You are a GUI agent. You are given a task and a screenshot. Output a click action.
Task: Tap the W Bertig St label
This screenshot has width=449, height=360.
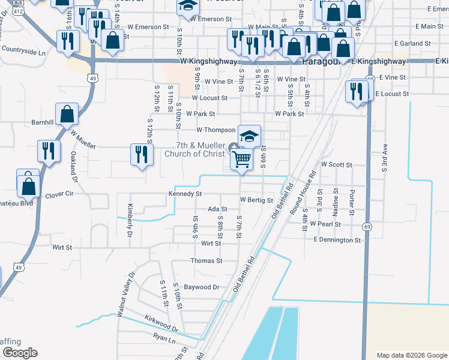256,200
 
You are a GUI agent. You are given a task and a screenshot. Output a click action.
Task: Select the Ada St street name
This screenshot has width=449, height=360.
217,209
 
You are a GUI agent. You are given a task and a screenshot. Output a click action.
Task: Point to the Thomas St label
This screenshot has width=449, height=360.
206,261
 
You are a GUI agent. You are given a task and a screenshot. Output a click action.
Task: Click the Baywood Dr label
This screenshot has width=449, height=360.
202,287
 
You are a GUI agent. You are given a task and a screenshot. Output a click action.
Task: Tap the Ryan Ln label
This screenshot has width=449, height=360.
163,338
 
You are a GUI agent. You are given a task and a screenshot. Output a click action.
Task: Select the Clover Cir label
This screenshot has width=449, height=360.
59,194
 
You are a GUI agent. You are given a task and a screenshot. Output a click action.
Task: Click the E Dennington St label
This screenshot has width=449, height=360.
337,240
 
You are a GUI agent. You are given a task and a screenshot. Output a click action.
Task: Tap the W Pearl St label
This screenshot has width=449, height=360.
325,224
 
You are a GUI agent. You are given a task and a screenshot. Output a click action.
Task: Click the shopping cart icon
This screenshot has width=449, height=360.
241,159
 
